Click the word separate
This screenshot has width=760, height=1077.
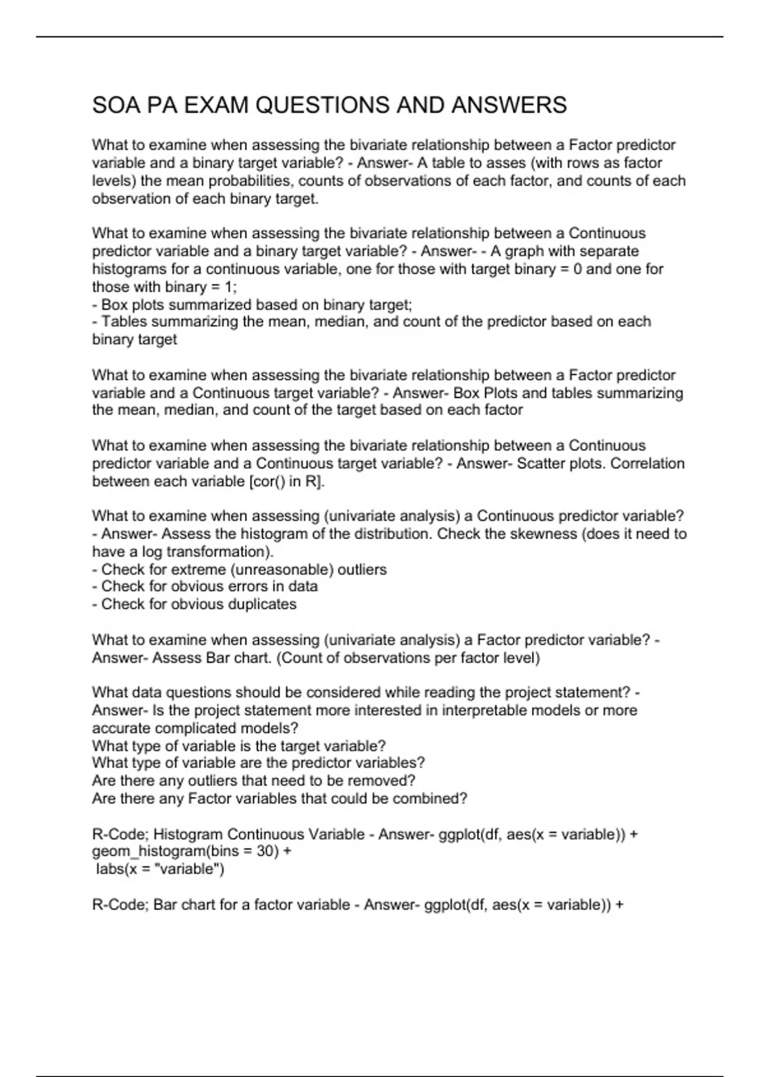606,252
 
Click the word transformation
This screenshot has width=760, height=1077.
215,552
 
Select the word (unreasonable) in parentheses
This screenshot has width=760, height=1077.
284,570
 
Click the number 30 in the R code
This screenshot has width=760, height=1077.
264,851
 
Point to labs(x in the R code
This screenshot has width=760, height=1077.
117,869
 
